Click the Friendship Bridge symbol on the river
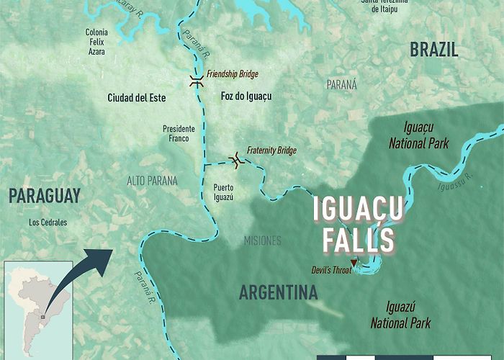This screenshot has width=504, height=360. point(196,81)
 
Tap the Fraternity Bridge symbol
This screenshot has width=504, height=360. point(235,158)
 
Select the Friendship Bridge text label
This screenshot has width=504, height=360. point(232,74)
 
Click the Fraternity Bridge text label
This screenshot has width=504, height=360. point(271,150)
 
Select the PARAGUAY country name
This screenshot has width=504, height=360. point(45,194)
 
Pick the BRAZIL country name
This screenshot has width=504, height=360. point(433,50)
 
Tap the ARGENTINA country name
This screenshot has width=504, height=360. point(278,293)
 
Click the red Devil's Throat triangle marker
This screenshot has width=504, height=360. point(353,262)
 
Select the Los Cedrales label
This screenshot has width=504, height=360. point(48,222)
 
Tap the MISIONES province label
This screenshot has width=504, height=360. point(263,240)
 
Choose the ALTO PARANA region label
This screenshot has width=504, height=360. point(151,181)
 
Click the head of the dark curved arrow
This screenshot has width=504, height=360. point(105,256)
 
